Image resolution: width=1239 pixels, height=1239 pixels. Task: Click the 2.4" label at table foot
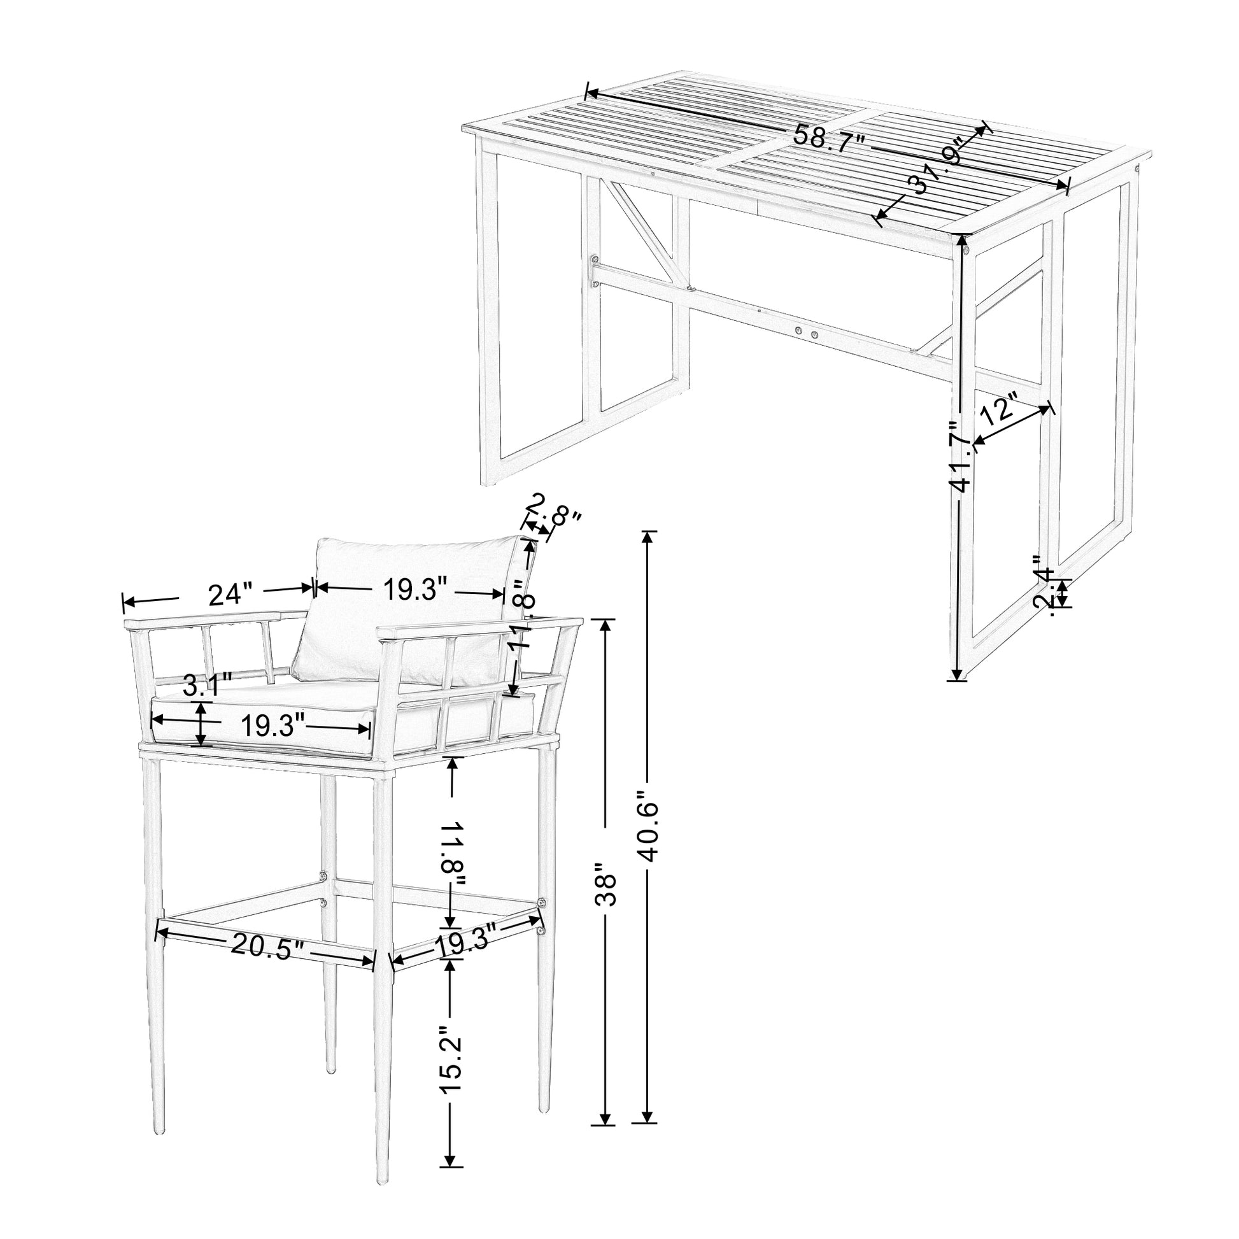point(1044,590)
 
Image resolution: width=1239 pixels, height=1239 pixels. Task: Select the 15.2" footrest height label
point(451,1052)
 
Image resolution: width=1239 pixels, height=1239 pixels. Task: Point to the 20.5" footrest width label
point(264,946)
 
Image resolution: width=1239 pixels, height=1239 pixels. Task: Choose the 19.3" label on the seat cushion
point(272,726)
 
